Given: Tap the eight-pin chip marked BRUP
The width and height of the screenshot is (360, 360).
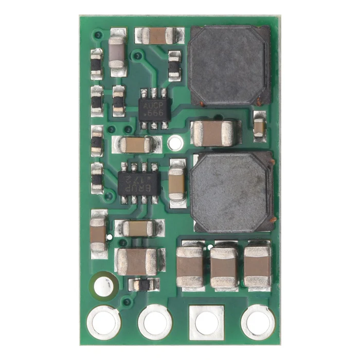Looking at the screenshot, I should [138, 183].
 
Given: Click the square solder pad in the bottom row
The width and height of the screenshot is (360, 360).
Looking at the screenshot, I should [207, 322].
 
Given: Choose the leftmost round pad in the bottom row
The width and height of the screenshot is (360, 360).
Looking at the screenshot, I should [104, 322].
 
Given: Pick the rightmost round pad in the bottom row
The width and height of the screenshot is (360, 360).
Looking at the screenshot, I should [258, 322].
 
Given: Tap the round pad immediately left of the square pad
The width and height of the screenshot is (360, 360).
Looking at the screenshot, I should [155, 322].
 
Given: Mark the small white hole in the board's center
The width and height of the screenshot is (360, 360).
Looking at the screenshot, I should [176, 140].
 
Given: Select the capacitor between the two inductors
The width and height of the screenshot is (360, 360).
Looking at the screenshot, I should [215, 133].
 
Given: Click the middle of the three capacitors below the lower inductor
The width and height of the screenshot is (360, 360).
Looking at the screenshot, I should [224, 266].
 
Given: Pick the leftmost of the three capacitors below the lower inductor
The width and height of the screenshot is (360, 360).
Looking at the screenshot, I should [190, 266].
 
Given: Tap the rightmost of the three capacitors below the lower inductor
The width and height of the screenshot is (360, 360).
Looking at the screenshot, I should [258, 265].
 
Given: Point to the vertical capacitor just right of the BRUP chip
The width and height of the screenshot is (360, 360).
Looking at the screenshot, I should [176, 183].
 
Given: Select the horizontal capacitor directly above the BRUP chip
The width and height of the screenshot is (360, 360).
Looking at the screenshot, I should [135, 145].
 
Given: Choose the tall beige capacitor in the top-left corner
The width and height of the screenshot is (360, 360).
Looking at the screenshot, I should [117, 52].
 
